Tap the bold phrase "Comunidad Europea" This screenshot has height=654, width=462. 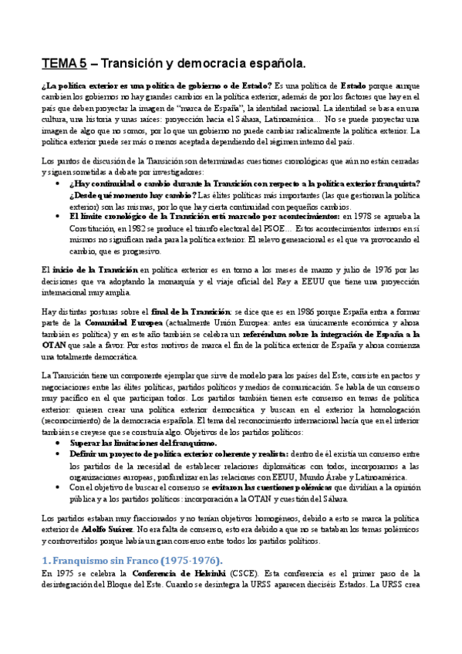[118, 322]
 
